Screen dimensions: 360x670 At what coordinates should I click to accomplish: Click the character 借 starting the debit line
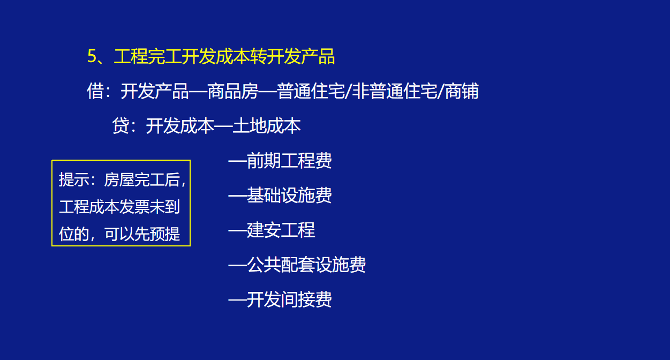(x=95, y=92)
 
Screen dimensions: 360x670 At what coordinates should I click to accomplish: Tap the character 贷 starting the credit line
(x=121, y=126)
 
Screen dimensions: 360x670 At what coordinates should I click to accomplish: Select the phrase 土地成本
(x=267, y=126)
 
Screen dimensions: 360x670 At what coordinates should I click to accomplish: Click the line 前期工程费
(x=289, y=161)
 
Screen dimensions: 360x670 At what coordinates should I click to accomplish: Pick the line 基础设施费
(x=289, y=196)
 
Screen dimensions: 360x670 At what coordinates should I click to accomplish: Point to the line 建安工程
(x=281, y=230)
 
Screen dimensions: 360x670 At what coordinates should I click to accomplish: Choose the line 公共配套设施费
(x=306, y=265)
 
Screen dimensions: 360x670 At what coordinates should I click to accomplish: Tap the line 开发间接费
(x=289, y=299)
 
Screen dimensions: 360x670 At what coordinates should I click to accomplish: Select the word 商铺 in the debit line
(x=462, y=92)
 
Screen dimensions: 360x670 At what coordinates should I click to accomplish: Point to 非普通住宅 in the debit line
(x=394, y=92)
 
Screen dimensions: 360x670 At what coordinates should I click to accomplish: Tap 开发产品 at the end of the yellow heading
(x=301, y=57)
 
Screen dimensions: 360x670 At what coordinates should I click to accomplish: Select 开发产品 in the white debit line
(x=155, y=92)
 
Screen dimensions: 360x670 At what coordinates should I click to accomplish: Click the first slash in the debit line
(x=348, y=92)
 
